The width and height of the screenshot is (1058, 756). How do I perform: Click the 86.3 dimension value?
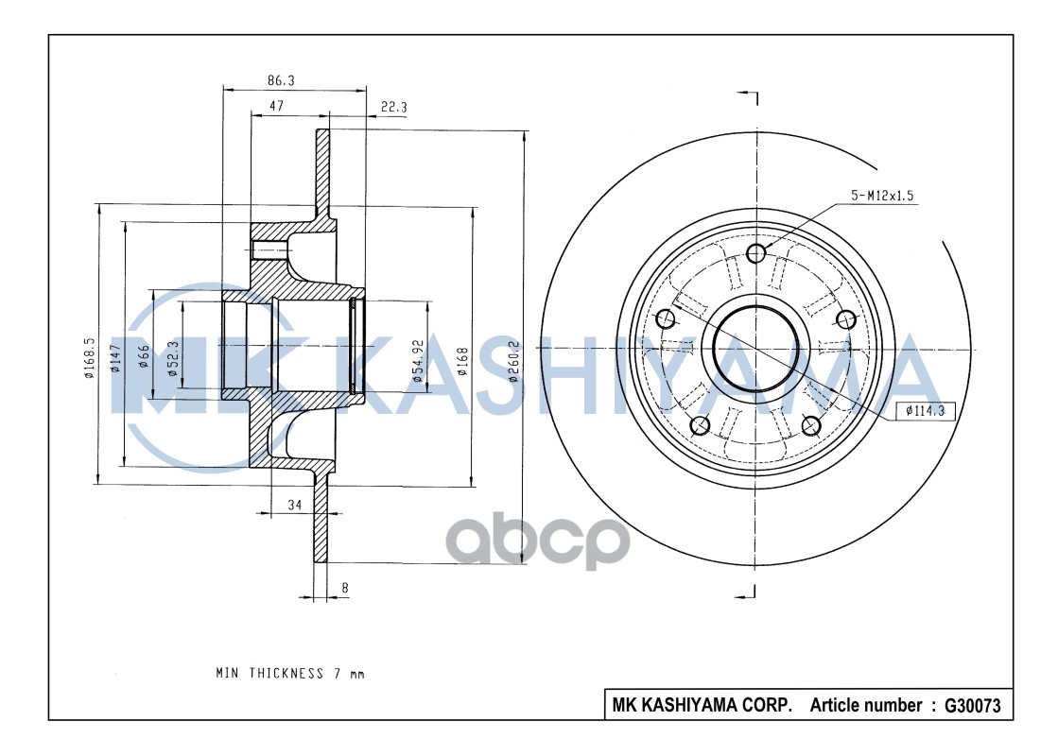(282, 82)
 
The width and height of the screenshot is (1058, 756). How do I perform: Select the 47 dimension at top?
(277, 107)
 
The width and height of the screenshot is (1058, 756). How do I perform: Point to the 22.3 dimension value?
(393, 108)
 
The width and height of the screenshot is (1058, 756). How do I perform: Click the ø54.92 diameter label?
(417, 360)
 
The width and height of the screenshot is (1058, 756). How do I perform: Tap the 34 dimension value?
(294, 506)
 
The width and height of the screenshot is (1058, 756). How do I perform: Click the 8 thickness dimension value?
(345, 588)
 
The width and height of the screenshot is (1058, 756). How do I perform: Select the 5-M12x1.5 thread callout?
(882, 196)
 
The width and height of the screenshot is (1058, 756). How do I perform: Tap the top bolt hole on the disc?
(755, 252)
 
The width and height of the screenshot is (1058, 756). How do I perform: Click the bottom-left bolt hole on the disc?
(700, 424)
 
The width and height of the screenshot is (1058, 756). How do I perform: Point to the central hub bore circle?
(755, 349)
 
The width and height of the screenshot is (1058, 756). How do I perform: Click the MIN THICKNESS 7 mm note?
(289, 674)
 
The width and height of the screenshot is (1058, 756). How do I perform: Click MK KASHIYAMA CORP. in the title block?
(702, 705)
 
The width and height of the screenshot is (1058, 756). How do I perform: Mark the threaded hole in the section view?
(269, 250)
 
